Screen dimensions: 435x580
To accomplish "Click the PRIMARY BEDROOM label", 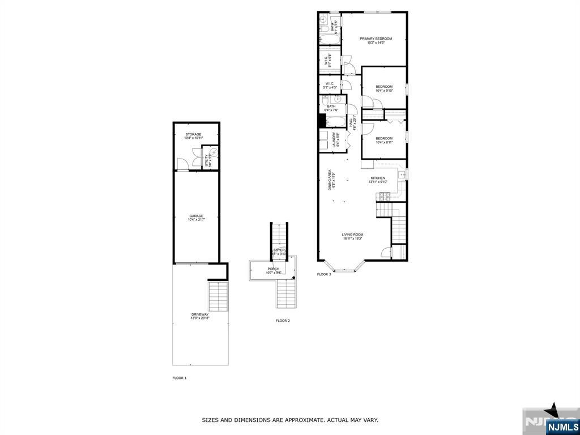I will (x=376, y=39).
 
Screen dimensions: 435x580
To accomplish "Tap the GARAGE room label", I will (x=196, y=216).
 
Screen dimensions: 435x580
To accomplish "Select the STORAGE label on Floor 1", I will (x=194, y=134).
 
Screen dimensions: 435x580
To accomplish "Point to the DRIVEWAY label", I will (x=200, y=314).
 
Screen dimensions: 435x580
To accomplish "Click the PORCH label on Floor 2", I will (x=274, y=269).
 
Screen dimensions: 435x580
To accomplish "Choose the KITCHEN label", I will (x=377, y=178).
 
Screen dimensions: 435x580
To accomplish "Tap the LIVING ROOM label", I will (x=352, y=234).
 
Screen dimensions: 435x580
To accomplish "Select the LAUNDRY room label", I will (x=335, y=140).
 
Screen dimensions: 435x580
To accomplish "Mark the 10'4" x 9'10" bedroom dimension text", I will (x=384, y=91).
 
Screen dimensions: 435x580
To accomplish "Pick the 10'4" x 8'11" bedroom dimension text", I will (x=384, y=142).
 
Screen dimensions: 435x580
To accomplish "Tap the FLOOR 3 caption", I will (x=324, y=274).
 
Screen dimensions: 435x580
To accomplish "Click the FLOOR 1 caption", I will (x=180, y=378).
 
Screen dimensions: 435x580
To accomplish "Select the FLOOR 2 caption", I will (x=283, y=321).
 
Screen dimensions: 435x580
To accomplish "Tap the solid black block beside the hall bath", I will (x=321, y=121).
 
